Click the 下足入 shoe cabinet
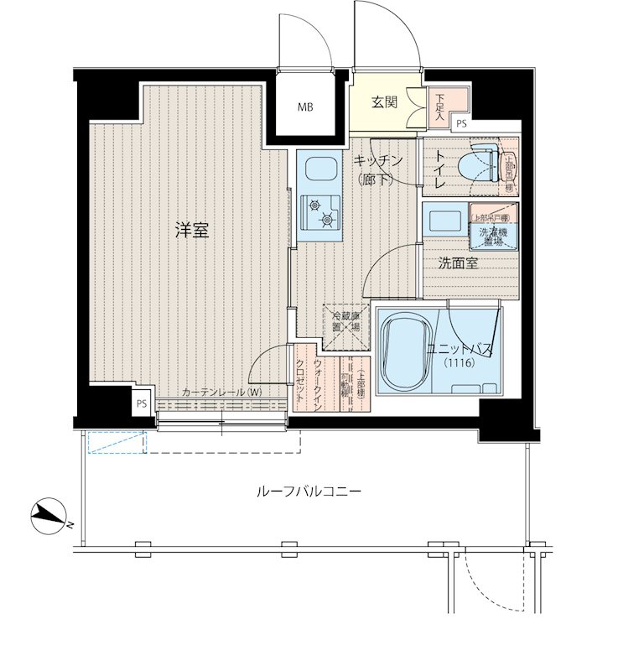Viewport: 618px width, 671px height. tap(440, 107)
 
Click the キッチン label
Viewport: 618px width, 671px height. tap(378, 160)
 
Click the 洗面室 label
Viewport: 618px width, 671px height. tap(458, 263)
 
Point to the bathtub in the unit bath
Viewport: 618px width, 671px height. tap(411, 352)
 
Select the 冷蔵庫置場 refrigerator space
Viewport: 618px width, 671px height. tap(345, 323)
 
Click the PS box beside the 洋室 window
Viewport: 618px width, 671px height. tap(141, 403)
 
